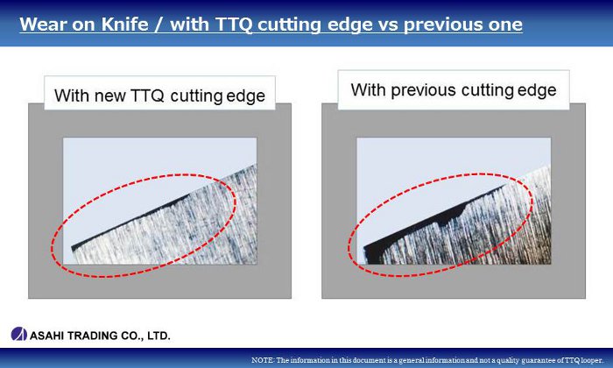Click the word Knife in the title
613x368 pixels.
pyautogui.click(x=125, y=25)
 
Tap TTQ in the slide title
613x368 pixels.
pyautogui.click(x=234, y=25)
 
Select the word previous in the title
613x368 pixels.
pyautogui.click(x=442, y=25)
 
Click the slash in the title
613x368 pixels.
pyautogui.click(x=159, y=25)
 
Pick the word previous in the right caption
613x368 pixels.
pyautogui.click(x=424, y=90)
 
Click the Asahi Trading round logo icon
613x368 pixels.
pyautogui.click(x=18, y=334)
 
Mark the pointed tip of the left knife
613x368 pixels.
pyautogui.click(x=73, y=248)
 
